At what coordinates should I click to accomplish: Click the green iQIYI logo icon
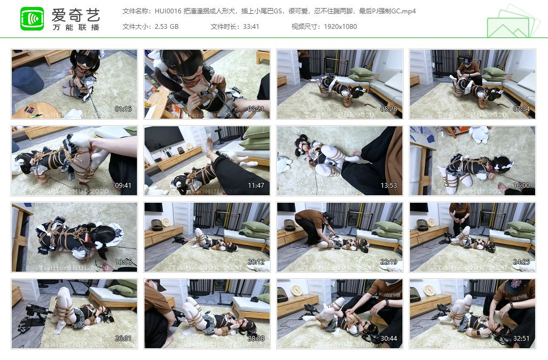32,19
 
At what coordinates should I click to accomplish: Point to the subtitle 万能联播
76,27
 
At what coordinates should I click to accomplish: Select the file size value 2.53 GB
166,26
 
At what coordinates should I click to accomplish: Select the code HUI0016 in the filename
167,11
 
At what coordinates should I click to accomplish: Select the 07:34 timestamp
521,109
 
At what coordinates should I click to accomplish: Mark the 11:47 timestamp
255,186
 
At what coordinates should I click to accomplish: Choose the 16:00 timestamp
521,186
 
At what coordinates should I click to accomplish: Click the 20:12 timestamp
255,262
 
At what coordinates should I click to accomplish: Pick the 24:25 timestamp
521,262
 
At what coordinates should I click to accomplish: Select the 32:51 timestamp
521,339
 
